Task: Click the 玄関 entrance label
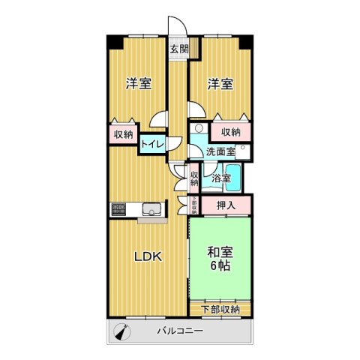(178, 49)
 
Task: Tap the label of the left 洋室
(139, 84)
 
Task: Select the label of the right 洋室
(220, 84)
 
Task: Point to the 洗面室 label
(221, 151)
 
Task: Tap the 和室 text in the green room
(219, 253)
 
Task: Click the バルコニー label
(179, 331)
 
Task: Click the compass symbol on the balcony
(121, 330)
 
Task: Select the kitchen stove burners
(118, 208)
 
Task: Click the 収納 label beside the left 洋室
(123, 135)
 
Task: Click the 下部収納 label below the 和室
(220, 309)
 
